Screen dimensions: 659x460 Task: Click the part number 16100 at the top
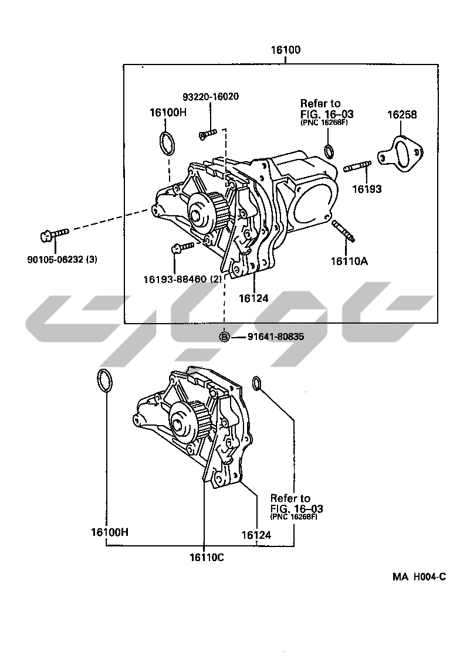click(x=285, y=50)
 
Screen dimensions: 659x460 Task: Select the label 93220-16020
click(x=209, y=97)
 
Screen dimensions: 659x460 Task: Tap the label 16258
click(x=402, y=115)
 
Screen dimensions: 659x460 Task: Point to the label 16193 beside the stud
click(x=367, y=189)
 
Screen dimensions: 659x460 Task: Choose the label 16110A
click(x=349, y=261)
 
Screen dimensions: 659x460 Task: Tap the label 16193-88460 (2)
click(x=182, y=279)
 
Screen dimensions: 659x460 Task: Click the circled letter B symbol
click(x=224, y=337)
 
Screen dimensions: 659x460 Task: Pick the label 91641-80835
click(x=276, y=337)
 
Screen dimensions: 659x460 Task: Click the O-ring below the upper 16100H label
click(x=167, y=144)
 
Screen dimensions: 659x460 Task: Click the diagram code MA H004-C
click(x=419, y=576)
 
